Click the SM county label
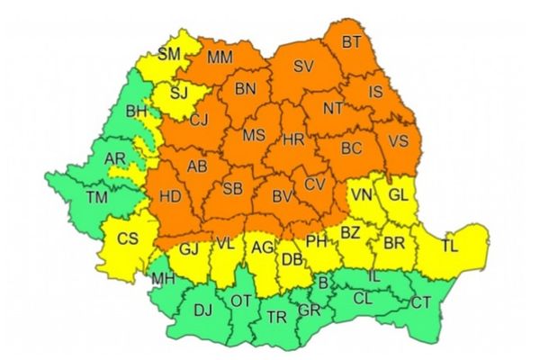(169, 55)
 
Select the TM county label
(94, 197)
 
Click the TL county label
(449, 243)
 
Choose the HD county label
(168, 195)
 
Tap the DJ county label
(203, 310)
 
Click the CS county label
(129, 239)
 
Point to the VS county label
(398, 141)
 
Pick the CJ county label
(200, 119)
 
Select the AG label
(263, 247)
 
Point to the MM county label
(220, 58)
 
